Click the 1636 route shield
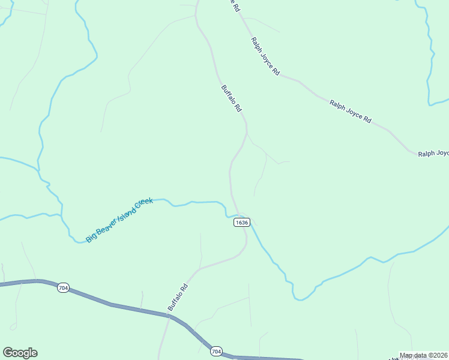click(x=241, y=222)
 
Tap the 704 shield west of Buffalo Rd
click(x=64, y=289)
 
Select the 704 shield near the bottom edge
click(x=216, y=351)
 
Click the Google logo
click(x=20, y=353)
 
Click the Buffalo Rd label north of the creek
click(x=231, y=98)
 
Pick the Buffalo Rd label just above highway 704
click(x=178, y=296)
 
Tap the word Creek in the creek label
click(x=143, y=203)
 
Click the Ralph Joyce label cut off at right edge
click(x=433, y=154)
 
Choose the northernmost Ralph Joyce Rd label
click(x=265, y=56)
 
